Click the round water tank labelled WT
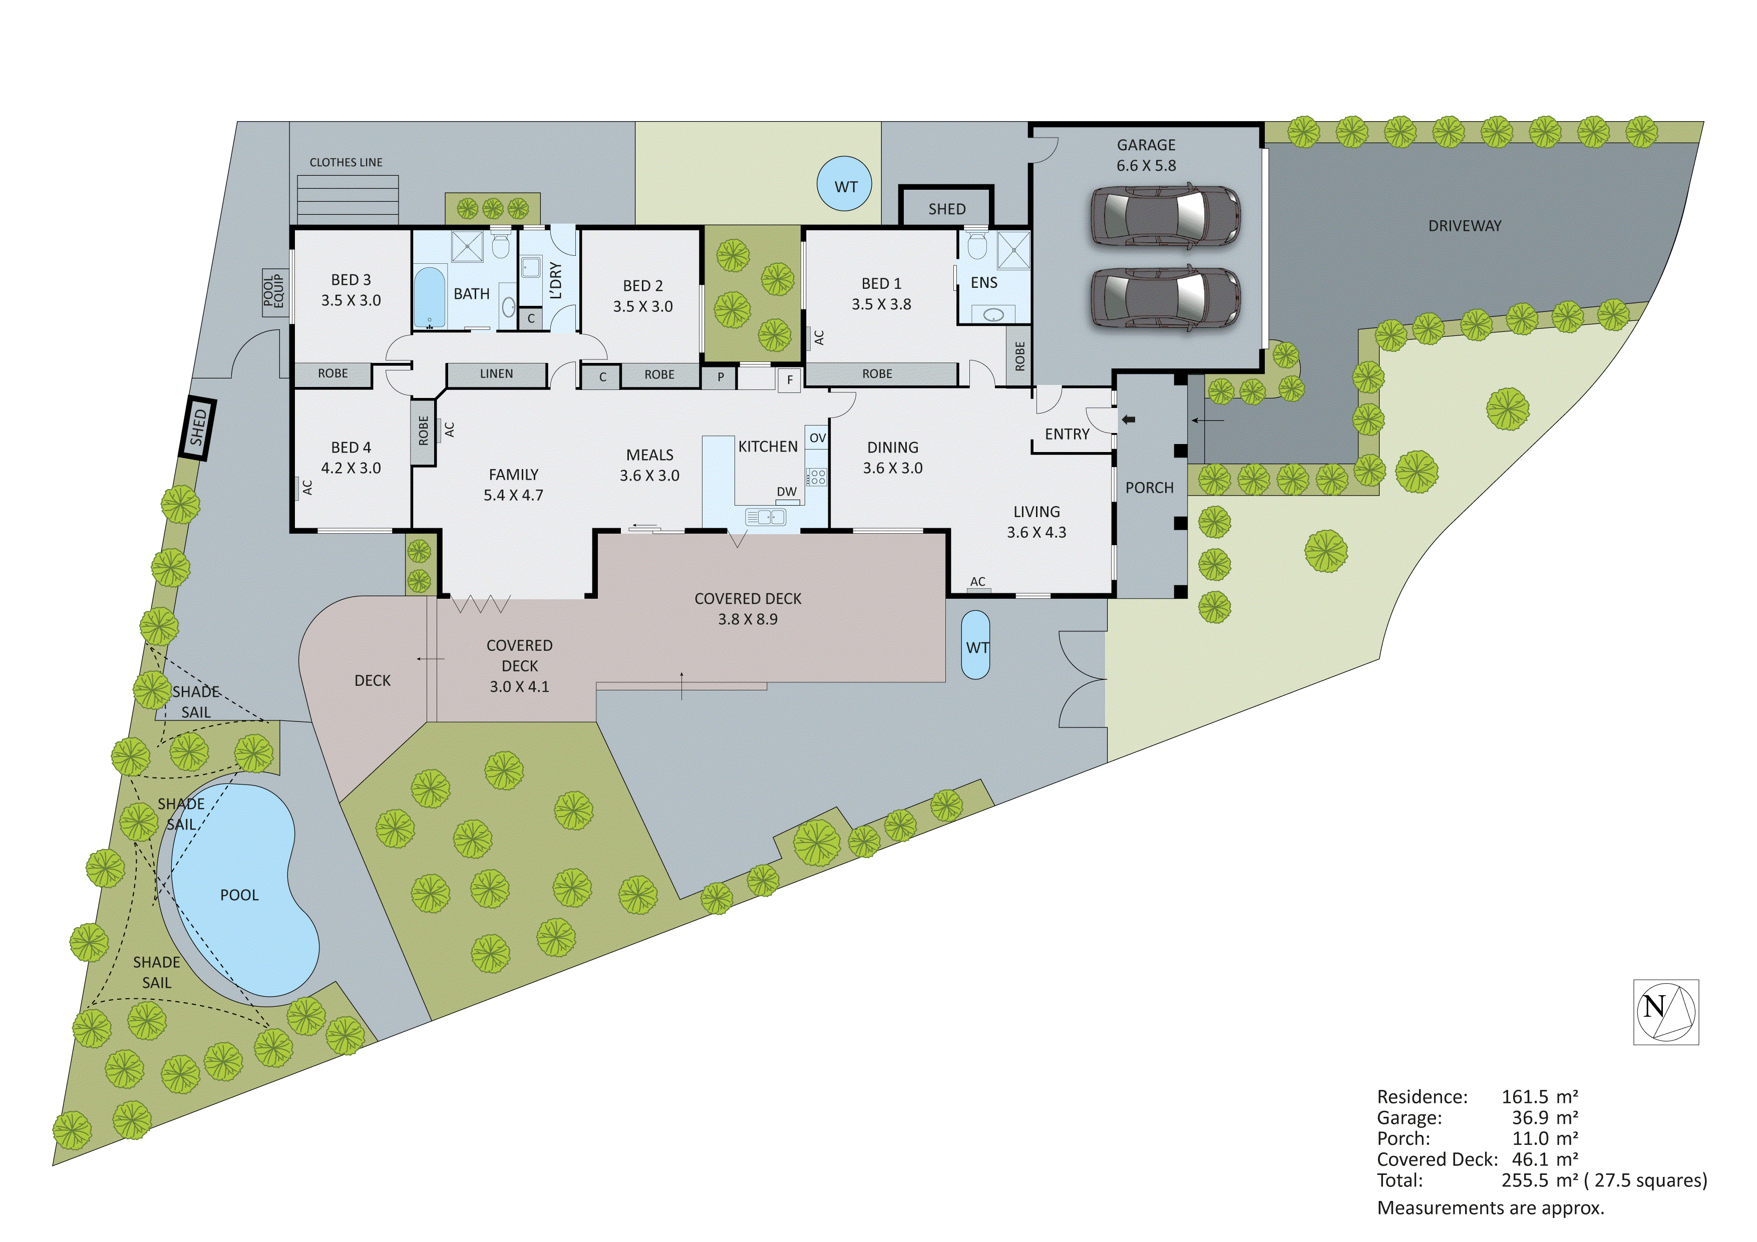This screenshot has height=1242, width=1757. click(844, 184)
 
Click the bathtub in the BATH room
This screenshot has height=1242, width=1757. click(429, 297)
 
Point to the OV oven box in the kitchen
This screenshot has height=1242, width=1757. click(817, 437)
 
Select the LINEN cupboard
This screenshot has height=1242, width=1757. click(497, 374)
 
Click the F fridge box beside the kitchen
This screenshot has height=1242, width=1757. click(789, 379)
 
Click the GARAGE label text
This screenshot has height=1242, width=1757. click(1146, 145)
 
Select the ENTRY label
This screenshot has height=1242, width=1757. click(1067, 435)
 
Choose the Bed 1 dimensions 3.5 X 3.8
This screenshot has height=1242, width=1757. click(881, 304)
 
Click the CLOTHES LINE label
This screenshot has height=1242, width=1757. click(346, 162)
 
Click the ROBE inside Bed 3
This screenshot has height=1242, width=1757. click(333, 373)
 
